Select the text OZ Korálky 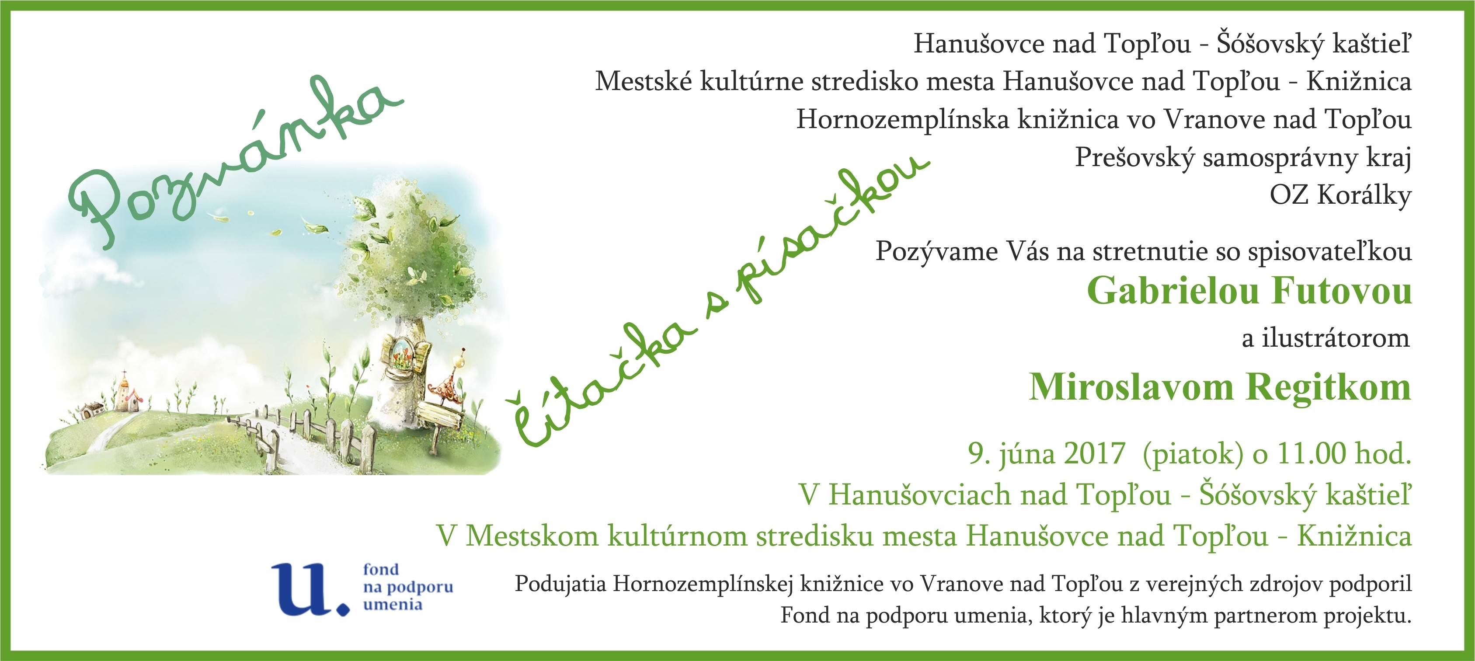click(x=1340, y=196)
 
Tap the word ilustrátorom click(x=1335, y=338)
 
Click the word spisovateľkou click(x=1329, y=252)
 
